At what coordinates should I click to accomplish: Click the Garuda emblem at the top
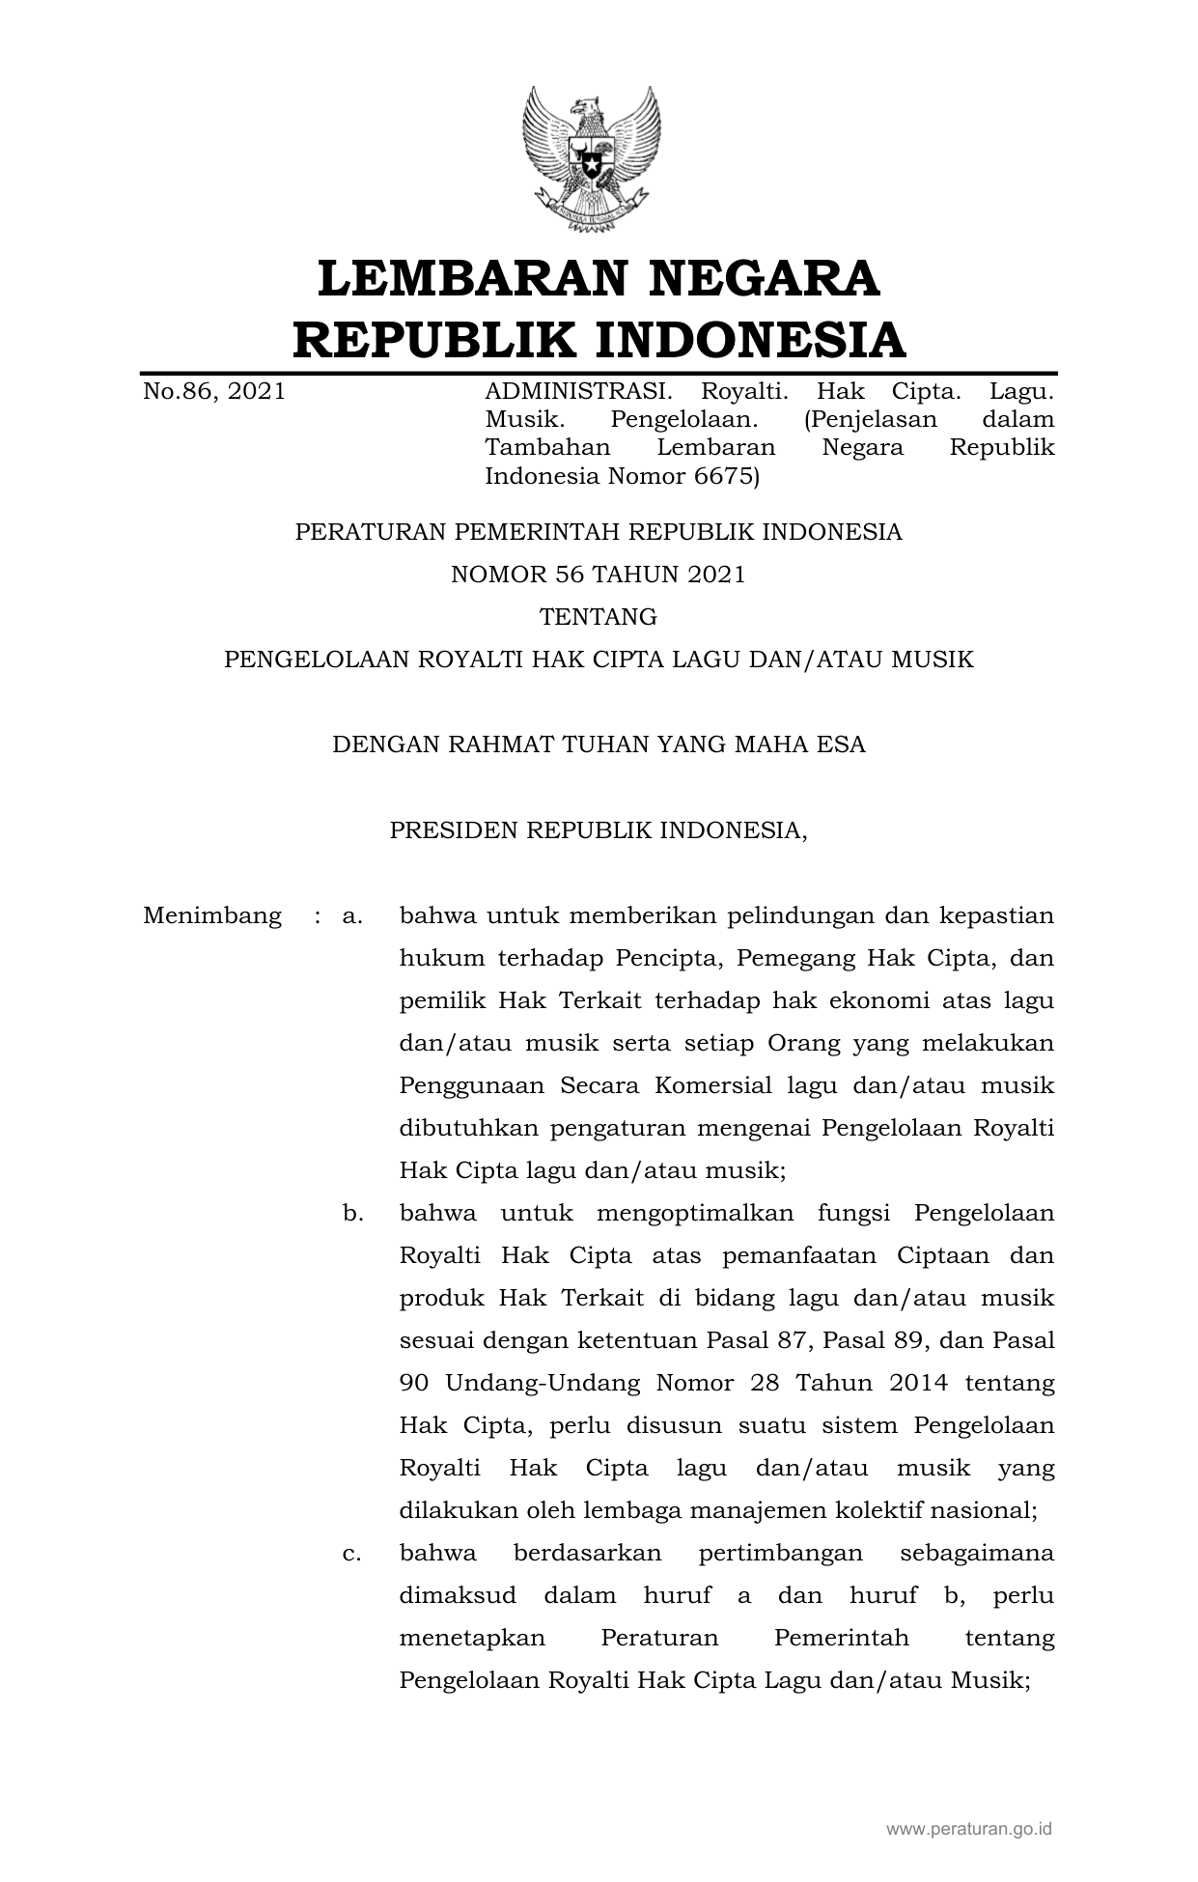[x=591, y=158]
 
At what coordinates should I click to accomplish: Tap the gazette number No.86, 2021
[x=214, y=391]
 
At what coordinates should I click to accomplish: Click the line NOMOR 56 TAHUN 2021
[x=599, y=575]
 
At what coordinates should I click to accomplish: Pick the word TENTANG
[x=599, y=617]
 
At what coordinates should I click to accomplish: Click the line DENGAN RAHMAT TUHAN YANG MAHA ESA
[x=599, y=744]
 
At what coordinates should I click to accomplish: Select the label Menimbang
[x=212, y=915]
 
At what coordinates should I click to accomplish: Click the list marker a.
[x=352, y=915]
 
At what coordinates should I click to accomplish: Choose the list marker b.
[x=352, y=1213]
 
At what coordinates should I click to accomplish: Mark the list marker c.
[x=352, y=1553]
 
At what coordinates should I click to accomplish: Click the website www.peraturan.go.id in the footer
[x=969, y=1828]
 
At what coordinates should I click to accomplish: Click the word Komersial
[x=713, y=1085]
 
